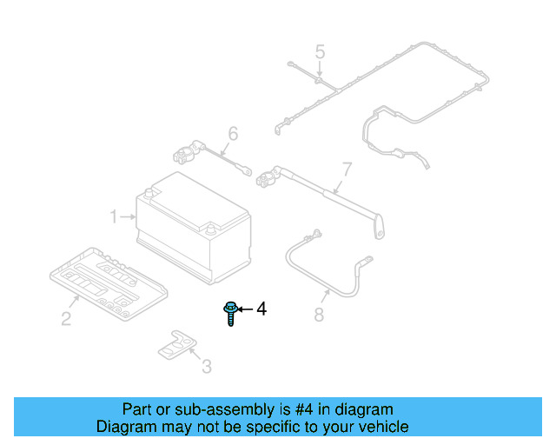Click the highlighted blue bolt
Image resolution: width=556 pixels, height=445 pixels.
tap(231, 312)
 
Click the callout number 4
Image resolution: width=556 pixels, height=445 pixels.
tap(261, 309)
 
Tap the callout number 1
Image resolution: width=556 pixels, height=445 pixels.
tap(114, 216)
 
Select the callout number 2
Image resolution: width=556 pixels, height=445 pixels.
tap(66, 319)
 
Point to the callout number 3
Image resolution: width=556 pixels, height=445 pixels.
tap(206, 367)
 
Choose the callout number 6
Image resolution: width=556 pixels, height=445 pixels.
tap(232, 134)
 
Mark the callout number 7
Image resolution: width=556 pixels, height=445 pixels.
tap(346, 168)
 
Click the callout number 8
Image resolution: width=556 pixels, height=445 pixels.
tap(319, 314)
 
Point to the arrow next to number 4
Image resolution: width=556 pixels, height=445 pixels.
tap(245, 309)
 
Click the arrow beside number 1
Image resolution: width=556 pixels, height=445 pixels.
tap(129, 216)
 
